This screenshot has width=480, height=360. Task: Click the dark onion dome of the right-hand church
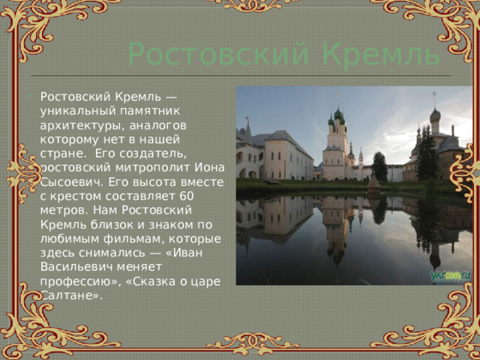[434, 115]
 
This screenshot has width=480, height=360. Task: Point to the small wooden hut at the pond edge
[373, 182]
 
